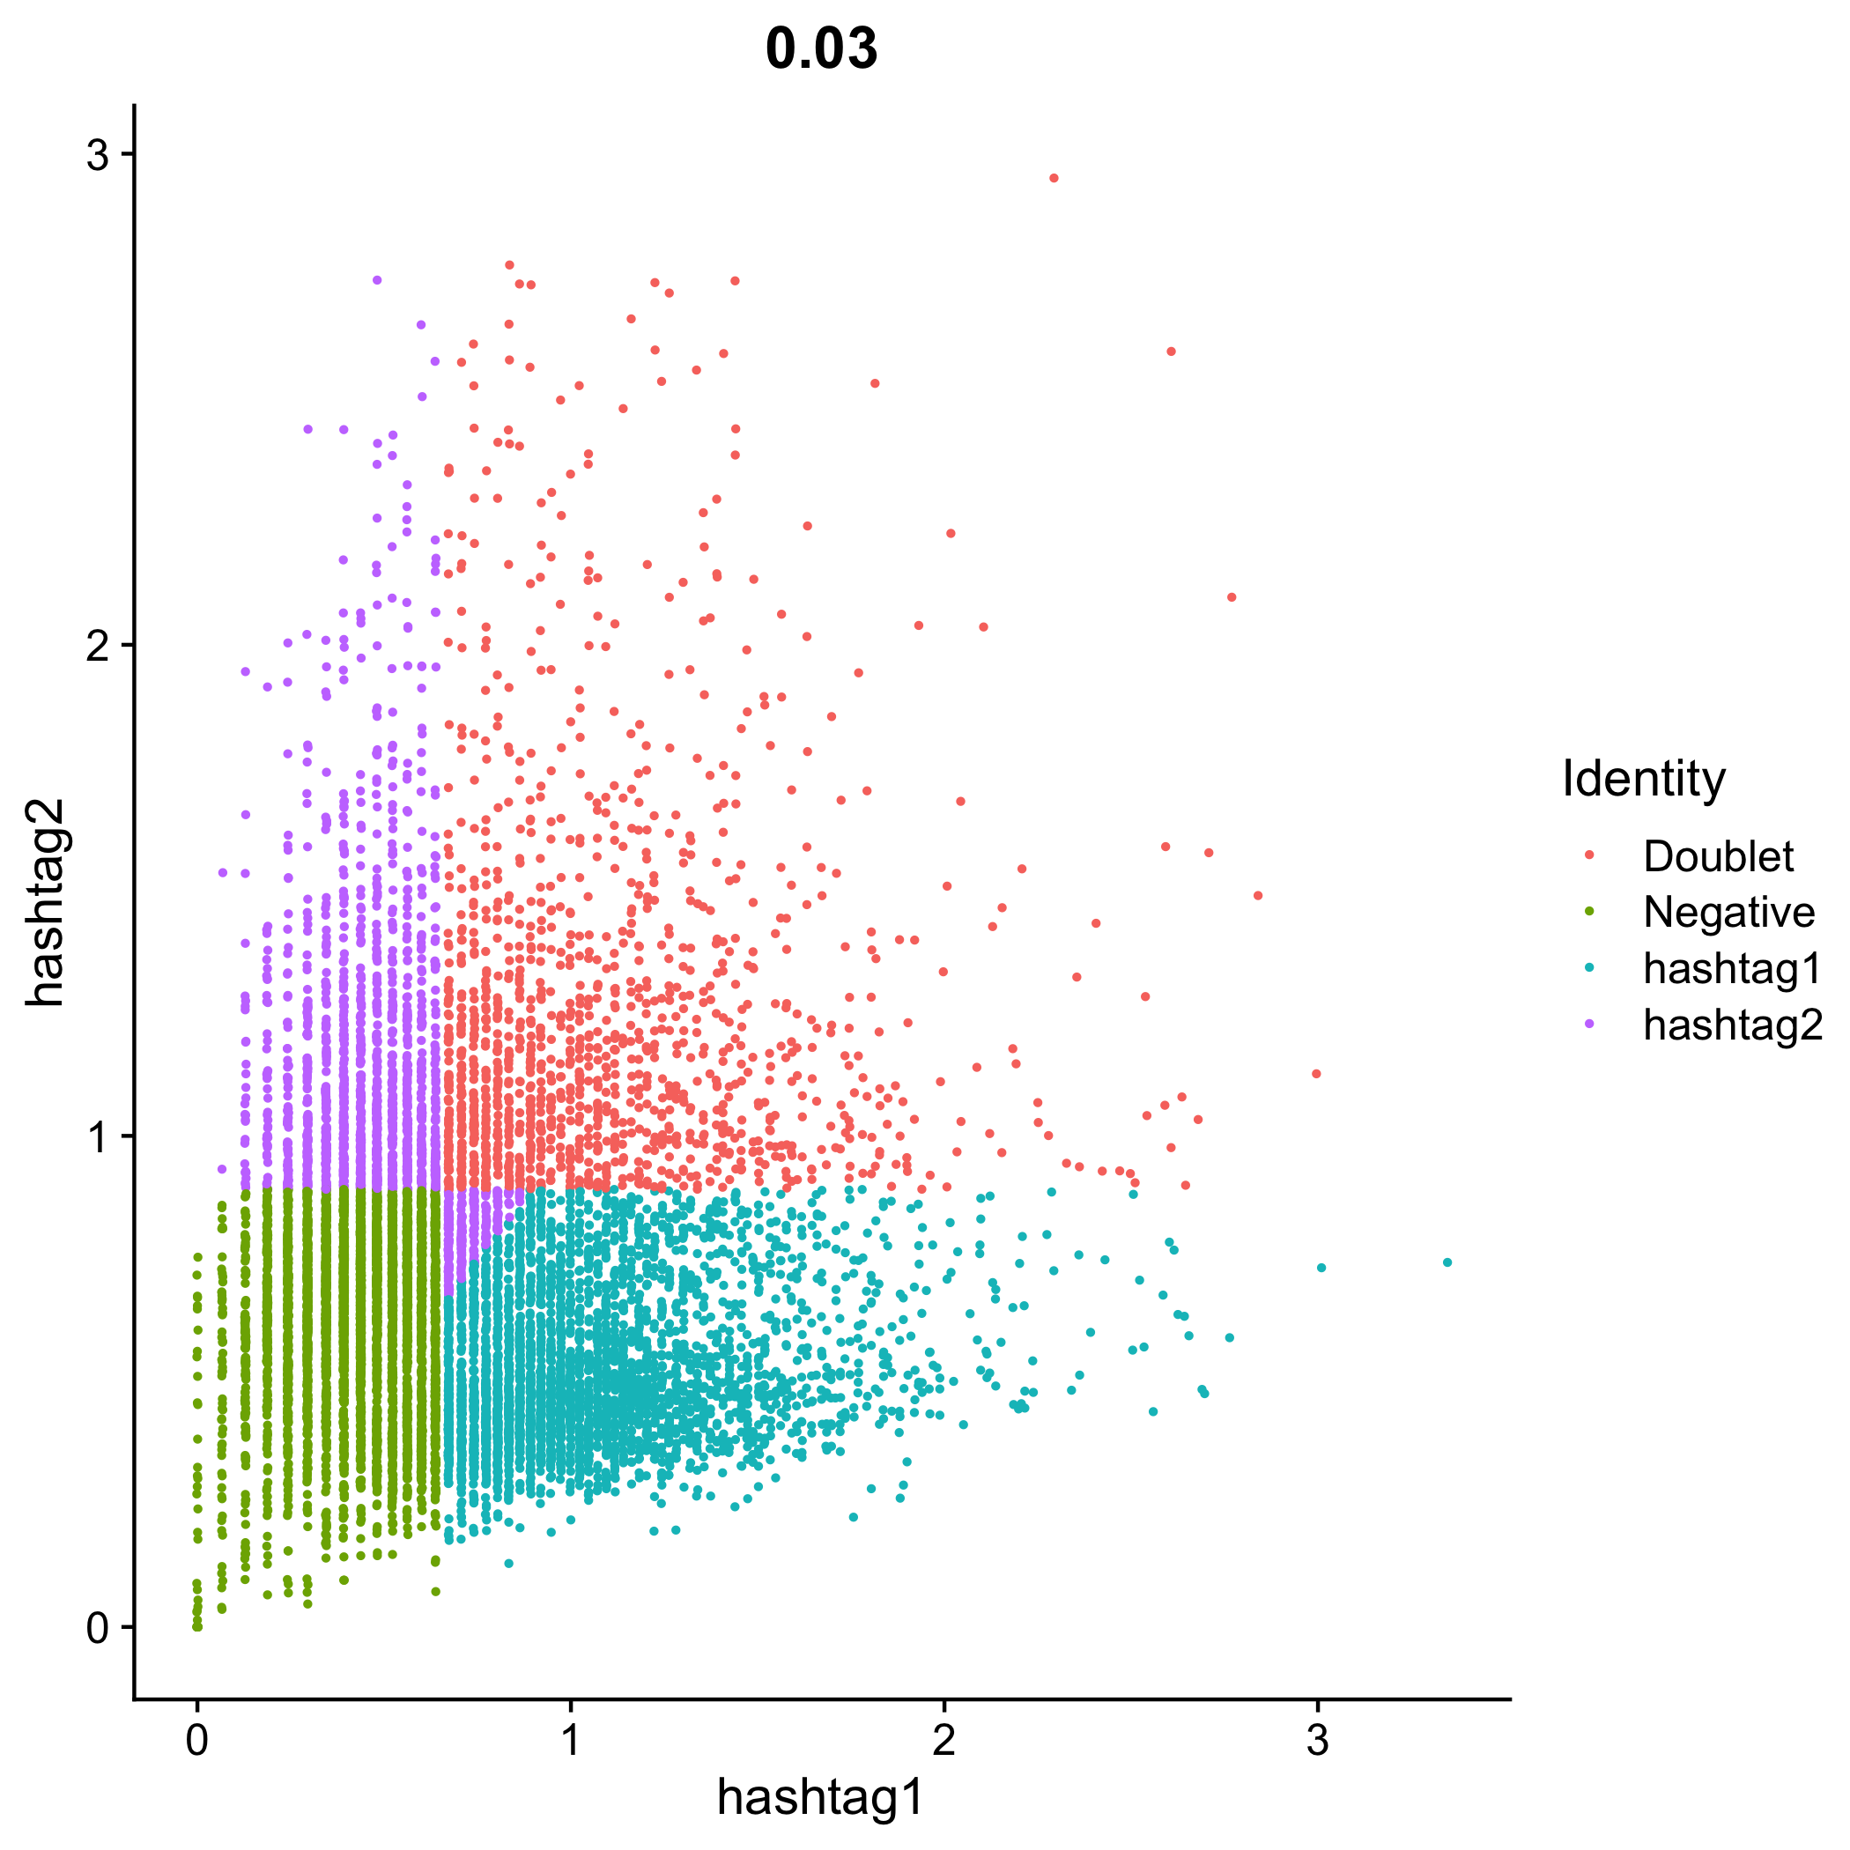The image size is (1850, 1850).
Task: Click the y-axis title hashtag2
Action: (x=45, y=903)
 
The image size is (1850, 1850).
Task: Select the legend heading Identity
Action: (x=1643, y=779)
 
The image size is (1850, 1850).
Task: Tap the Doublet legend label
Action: (x=1718, y=856)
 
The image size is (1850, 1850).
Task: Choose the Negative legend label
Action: (x=1728, y=913)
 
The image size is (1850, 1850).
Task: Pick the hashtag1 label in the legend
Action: (x=1732, y=968)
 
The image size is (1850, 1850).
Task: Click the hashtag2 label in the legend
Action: (x=1732, y=1025)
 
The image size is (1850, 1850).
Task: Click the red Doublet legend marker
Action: (x=1589, y=856)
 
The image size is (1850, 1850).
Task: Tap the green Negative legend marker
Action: (x=1589, y=913)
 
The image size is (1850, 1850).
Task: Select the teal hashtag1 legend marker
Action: (x=1589, y=968)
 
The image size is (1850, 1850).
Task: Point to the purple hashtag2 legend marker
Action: (x=1589, y=1025)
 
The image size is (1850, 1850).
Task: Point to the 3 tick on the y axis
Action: (x=99, y=154)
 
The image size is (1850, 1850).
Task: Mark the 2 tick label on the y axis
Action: (x=99, y=647)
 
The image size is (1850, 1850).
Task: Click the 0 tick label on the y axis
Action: (x=99, y=1628)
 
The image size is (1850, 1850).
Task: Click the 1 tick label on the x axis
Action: (x=571, y=1740)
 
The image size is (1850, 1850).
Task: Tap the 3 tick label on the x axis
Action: (x=1318, y=1740)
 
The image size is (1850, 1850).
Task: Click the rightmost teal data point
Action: (x=1447, y=1262)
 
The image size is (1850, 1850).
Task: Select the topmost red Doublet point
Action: (x=1054, y=178)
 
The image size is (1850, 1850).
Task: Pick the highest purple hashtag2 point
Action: (x=377, y=280)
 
